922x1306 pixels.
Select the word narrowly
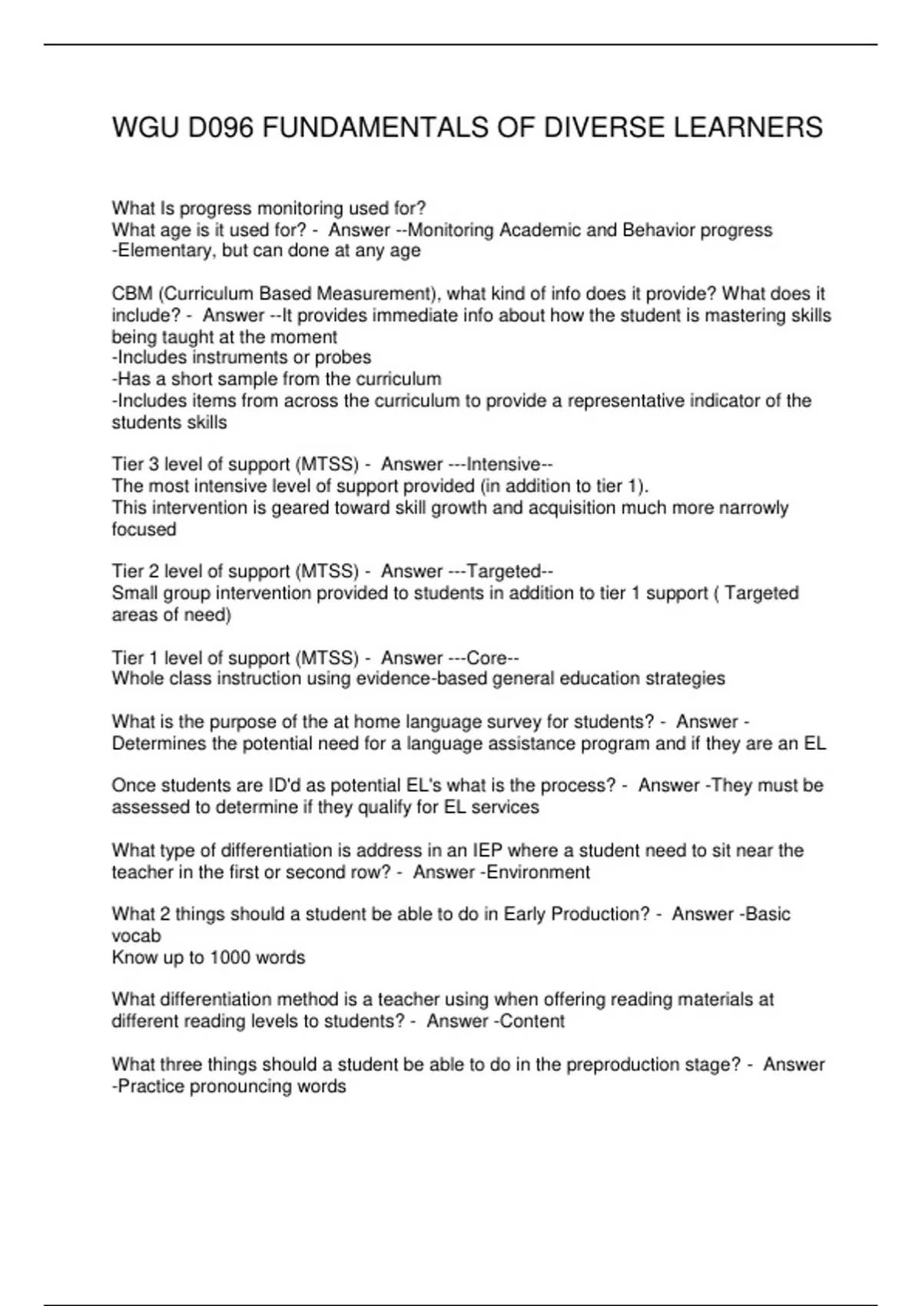[753, 508]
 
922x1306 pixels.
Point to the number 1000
[234, 957]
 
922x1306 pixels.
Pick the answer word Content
[532, 1021]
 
